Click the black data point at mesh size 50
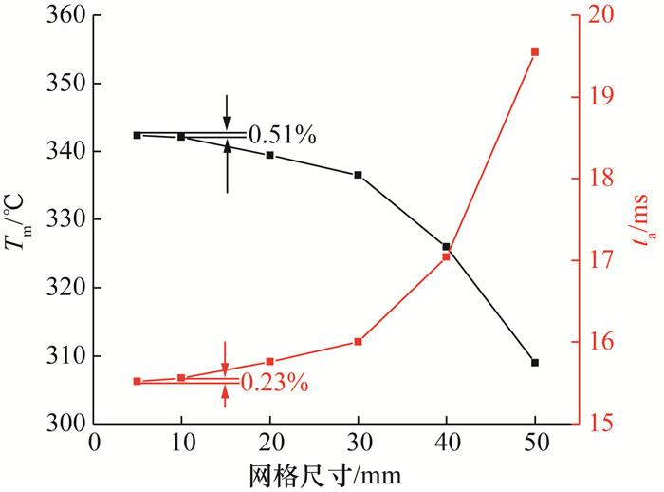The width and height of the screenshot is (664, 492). coord(535,363)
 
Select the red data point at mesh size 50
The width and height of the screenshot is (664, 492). coord(535,52)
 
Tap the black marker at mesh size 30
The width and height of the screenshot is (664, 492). coord(359,175)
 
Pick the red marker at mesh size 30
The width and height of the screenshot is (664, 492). coord(359,342)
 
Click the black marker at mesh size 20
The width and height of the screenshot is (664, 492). coord(270,155)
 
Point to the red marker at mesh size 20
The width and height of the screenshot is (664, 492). coord(270,362)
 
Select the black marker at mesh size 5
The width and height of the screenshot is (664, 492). coord(138,135)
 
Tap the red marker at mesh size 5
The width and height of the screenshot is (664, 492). coord(138,381)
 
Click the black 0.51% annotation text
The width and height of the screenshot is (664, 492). coord(282,136)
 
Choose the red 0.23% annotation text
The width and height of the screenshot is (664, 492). coord(274,383)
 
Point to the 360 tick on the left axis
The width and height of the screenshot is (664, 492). coord(66,16)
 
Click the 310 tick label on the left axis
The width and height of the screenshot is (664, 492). coord(66,355)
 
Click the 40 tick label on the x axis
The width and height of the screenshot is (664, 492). coord(447,443)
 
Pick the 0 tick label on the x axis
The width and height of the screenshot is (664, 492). coord(94,443)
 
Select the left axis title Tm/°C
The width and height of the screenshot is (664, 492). coord(21,219)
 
